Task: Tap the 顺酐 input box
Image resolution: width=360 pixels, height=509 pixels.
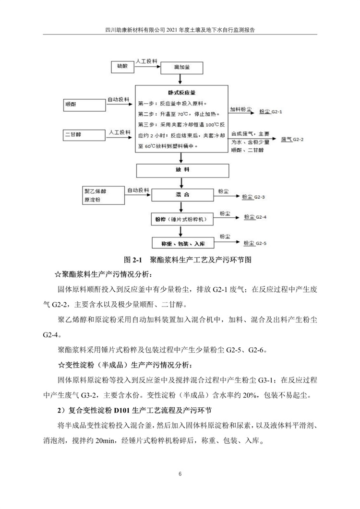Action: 84,104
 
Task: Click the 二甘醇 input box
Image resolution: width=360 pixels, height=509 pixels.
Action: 84,135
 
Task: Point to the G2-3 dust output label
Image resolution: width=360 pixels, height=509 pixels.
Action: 254,197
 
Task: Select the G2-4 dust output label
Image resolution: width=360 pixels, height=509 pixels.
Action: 255,217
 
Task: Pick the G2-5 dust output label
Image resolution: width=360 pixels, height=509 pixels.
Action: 255,243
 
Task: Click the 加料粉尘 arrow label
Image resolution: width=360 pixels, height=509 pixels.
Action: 241,109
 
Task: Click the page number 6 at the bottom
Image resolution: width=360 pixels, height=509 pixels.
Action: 180,474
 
